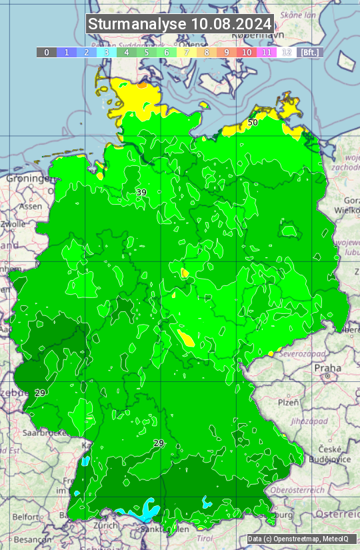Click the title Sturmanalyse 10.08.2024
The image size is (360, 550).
click(x=180, y=24)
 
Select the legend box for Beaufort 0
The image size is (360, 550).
click(x=47, y=52)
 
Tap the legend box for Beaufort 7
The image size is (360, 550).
click(x=187, y=52)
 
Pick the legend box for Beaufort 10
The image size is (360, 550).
click(x=247, y=52)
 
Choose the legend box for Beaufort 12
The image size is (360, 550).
click(x=287, y=52)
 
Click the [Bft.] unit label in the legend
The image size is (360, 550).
click(x=310, y=52)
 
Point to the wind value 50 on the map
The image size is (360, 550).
click(x=253, y=123)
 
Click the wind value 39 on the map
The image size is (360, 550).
click(x=141, y=193)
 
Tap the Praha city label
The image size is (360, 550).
click(x=328, y=368)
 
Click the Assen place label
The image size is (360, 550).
click(x=30, y=207)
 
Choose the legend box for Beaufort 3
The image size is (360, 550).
click(x=107, y=52)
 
